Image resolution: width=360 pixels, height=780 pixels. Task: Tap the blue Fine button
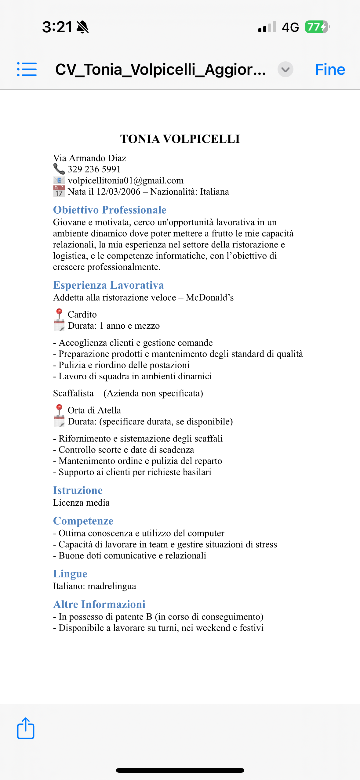click(x=330, y=70)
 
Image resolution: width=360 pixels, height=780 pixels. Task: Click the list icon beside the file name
click(x=27, y=69)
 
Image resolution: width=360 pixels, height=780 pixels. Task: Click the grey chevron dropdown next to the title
click(x=285, y=70)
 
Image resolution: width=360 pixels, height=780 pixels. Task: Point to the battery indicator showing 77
click(x=317, y=27)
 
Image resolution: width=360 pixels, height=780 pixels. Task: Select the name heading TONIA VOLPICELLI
click(x=180, y=139)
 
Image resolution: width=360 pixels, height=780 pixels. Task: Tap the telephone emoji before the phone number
click(x=59, y=169)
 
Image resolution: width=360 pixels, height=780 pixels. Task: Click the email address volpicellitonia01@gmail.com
click(x=125, y=180)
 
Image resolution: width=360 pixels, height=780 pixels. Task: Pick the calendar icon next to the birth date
click(x=59, y=191)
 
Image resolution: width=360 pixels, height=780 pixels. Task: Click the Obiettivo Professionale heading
click(x=110, y=210)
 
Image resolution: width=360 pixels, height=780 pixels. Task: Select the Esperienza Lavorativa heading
click(x=108, y=285)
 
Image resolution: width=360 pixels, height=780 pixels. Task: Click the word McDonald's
click(x=210, y=298)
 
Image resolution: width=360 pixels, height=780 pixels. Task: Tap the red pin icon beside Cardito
click(x=59, y=313)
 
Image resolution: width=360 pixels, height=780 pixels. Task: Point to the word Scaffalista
click(x=73, y=393)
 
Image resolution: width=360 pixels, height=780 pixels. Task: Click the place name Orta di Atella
click(x=94, y=410)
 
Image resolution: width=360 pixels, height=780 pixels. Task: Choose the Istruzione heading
click(x=78, y=490)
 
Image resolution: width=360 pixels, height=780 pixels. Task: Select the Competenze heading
click(x=83, y=521)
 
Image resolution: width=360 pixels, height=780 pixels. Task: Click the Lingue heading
click(x=70, y=574)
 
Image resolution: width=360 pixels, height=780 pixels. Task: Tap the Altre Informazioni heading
click(x=99, y=604)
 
